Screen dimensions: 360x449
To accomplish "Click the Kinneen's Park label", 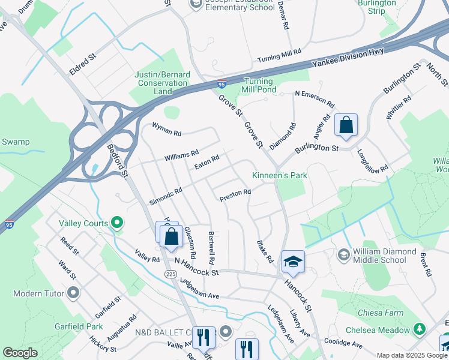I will tap(279, 175).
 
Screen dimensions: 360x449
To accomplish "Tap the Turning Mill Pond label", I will tap(259, 86).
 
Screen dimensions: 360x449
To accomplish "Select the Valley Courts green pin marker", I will tap(117, 224).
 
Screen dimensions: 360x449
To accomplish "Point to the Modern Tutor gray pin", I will tap(73, 293).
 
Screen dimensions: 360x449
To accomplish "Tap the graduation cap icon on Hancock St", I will tap(293, 261).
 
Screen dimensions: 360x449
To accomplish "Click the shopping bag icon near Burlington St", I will tap(346, 126).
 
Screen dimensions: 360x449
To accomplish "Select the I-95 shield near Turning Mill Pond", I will tap(221, 85).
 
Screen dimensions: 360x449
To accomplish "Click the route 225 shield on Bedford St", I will tap(170, 273).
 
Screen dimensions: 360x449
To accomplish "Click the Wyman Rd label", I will tap(166, 130).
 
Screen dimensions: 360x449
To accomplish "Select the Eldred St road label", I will tap(82, 64).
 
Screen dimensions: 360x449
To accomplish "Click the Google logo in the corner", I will tap(20, 353).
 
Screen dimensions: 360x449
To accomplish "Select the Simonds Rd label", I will tap(166, 195).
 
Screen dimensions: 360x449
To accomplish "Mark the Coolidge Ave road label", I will tap(343, 344).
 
